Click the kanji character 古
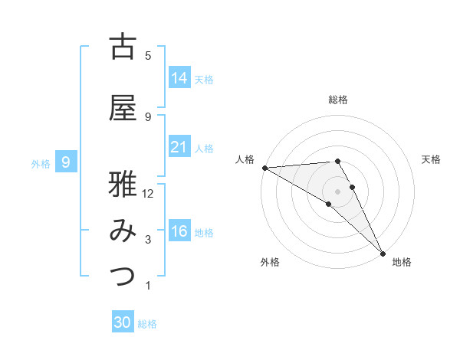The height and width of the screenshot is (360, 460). point(123,47)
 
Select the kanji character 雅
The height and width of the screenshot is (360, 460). point(123,185)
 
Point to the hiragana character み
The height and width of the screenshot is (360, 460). point(123,231)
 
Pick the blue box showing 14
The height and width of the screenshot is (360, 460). point(179,78)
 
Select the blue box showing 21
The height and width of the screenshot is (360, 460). point(179,147)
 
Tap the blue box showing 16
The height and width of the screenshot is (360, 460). point(179,231)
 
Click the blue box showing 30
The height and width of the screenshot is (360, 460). point(123,322)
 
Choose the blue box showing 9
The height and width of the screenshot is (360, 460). point(67,162)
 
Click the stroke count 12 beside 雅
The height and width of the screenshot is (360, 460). point(149,194)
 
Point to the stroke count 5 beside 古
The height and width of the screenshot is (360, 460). point(148,56)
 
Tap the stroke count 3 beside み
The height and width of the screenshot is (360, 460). point(148,240)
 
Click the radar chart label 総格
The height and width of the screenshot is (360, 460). point(338,100)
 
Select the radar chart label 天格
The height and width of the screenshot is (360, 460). point(432,159)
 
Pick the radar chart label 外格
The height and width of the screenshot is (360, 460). point(270,262)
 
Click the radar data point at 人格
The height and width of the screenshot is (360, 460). point(264,168)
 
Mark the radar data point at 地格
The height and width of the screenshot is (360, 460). point(383,253)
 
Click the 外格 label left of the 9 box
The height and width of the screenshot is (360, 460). point(41,163)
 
